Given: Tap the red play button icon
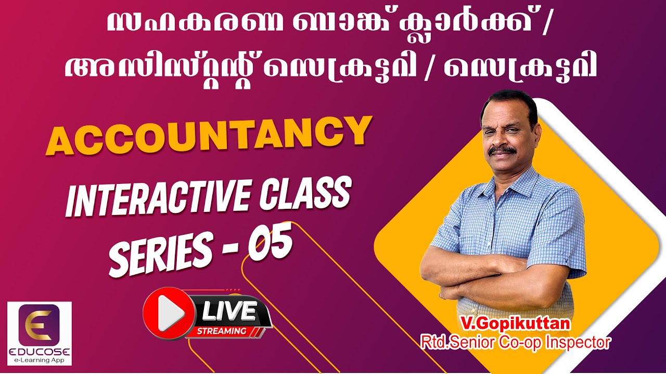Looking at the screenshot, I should pyautogui.click(x=166, y=312).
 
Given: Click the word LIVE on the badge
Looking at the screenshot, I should pyautogui.click(x=228, y=312).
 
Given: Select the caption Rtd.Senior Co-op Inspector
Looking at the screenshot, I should pyautogui.click(x=515, y=342).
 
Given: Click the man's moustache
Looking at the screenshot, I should pyautogui.click(x=502, y=151).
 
